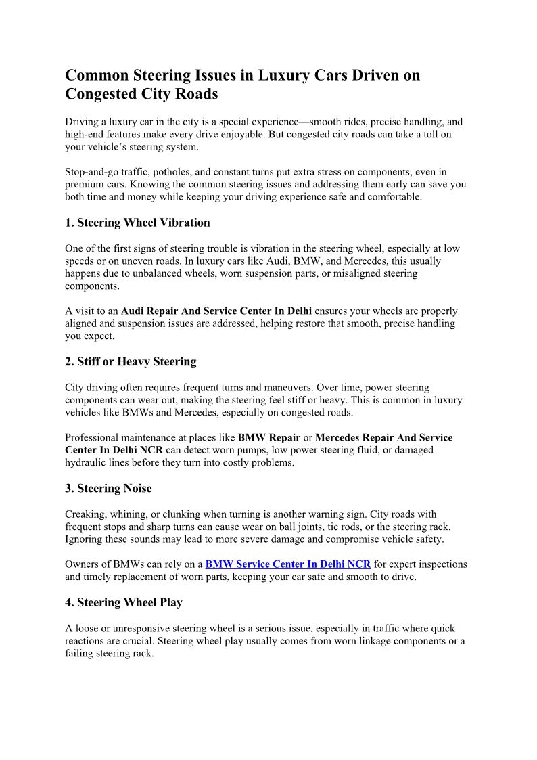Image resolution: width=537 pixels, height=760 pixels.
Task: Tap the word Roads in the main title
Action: click(196, 94)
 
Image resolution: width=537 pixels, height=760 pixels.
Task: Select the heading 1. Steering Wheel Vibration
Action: click(137, 223)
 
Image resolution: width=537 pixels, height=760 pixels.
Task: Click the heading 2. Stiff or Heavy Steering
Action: click(131, 361)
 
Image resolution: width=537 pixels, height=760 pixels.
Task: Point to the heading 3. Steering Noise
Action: click(108, 489)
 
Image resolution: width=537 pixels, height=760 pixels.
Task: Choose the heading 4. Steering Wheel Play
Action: click(124, 602)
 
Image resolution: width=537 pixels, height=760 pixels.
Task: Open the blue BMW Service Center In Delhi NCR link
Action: click(287, 564)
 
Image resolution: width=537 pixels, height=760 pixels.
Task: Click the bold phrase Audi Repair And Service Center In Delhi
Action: click(216, 311)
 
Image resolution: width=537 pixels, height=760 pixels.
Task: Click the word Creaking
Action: click(86, 514)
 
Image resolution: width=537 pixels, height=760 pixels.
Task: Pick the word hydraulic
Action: click(87, 463)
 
